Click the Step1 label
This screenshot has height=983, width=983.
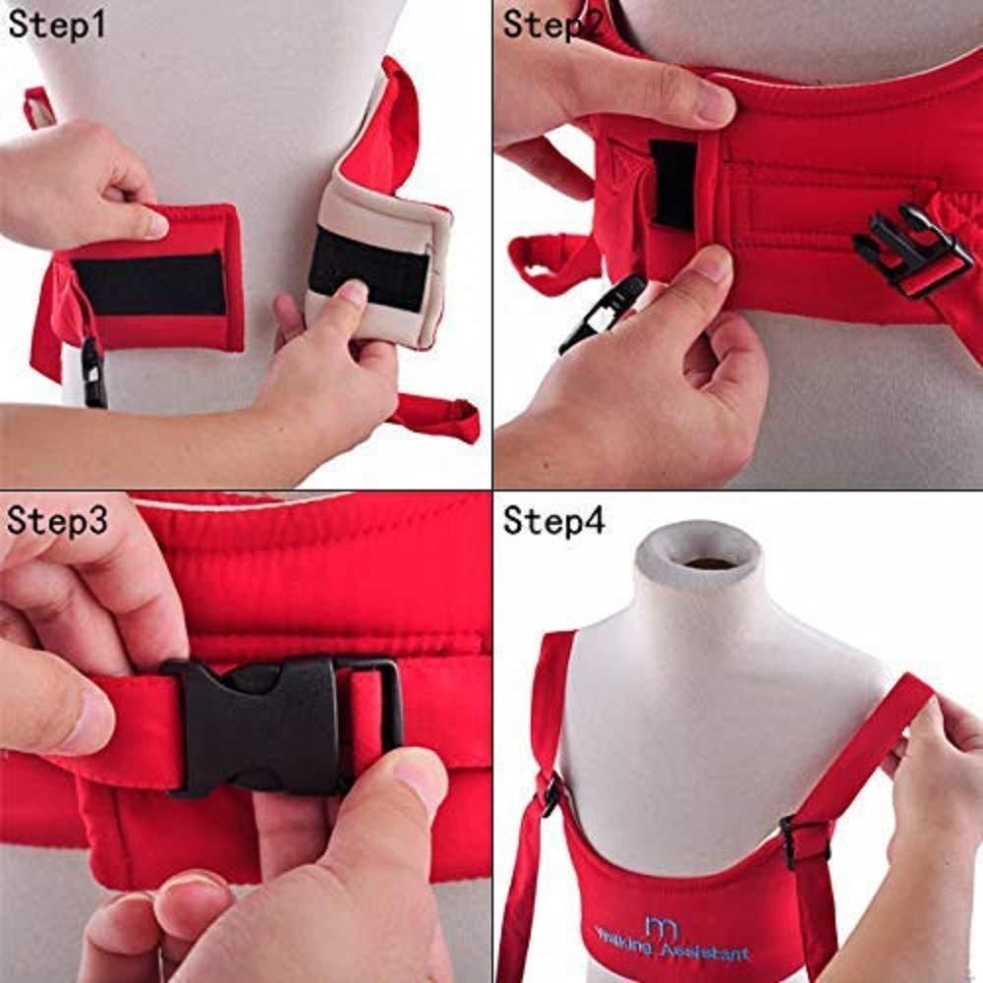tap(56, 24)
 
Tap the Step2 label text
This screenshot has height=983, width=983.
tap(551, 24)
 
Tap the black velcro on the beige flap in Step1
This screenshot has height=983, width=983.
tap(369, 266)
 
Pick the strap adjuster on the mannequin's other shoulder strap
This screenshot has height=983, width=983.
tap(552, 794)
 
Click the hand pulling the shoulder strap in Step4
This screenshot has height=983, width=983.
tap(934, 786)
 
